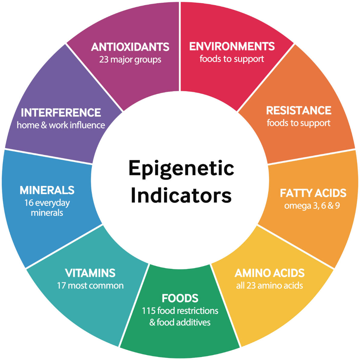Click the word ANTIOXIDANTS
[x=130, y=47]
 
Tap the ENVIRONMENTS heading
[x=232, y=46]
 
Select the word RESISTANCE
[x=298, y=111]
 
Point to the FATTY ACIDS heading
[x=313, y=193]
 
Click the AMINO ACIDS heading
[x=269, y=273]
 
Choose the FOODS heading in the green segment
[x=180, y=298]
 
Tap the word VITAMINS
[x=90, y=273]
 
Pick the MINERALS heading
[x=47, y=190]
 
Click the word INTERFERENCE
[x=61, y=113]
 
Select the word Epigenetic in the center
[x=181, y=168]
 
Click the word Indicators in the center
[x=181, y=196]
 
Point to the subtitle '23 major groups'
[x=130, y=59]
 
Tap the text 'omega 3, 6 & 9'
[x=312, y=206]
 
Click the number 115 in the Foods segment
[x=149, y=310]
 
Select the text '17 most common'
[x=90, y=285]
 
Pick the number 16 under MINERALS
[x=29, y=203]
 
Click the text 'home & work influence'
[x=61, y=125]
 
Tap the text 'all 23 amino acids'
[x=269, y=285]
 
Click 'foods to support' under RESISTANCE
[x=298, y=123]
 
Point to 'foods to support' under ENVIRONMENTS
[x=232, y=59]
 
